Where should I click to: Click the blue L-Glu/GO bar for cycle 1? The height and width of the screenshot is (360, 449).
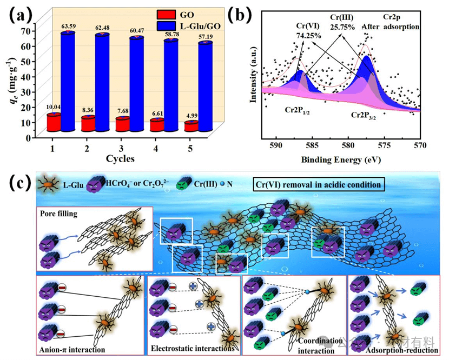point(68,81)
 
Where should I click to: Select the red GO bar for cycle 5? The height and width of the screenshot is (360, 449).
point(191,126)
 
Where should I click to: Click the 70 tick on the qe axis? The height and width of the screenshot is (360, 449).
point(27,31)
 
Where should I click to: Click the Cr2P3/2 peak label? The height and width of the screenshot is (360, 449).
point(368,115)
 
